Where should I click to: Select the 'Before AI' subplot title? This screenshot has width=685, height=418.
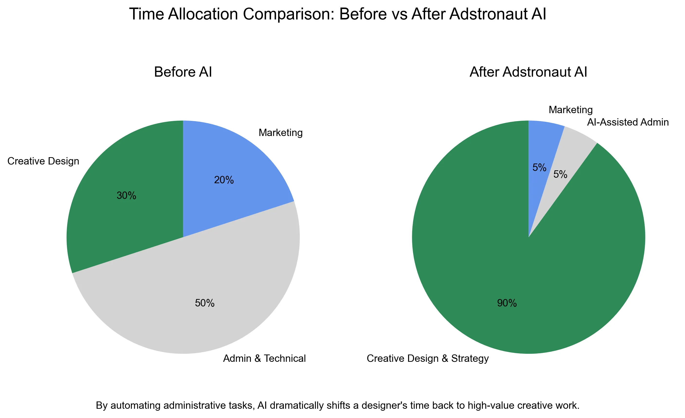pos(183,72)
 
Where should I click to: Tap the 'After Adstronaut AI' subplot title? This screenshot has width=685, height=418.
pos(528,72)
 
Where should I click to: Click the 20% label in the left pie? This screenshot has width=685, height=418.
pos(224,180)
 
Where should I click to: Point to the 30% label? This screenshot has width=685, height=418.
pos(126,196)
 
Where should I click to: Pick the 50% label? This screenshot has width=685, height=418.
pos(205,303)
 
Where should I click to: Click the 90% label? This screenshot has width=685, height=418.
pos(507,303)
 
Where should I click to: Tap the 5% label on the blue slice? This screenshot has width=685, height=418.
pos(539,167)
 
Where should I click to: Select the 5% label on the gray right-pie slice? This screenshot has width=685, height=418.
pos(560,174)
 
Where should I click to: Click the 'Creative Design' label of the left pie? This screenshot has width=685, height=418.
pos(43,161)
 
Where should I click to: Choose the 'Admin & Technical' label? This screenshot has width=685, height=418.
pos(264,359)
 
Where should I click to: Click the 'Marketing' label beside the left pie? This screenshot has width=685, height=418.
pos(281,133)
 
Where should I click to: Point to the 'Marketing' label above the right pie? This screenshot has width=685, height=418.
pos(570,110)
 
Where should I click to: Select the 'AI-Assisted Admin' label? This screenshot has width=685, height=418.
pos(628,122)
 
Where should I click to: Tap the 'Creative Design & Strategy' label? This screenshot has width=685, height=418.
pos(428,359)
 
